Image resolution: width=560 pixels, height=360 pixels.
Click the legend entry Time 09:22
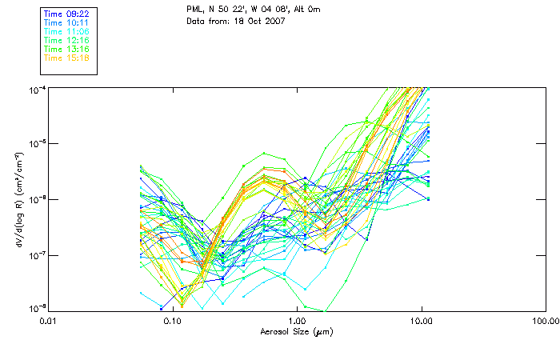click(x=66, y=14)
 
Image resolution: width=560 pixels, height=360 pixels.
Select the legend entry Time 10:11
click(x=66, y=22)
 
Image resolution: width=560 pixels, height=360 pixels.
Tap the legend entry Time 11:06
click(x=66, y=31)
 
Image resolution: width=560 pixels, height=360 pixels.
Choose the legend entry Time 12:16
click(x=66, y=40)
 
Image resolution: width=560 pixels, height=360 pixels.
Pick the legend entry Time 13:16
click(x=66, y=49)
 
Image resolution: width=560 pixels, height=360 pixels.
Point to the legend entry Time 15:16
click(x=66, y=58)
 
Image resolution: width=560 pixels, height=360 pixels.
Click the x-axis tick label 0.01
click(x=49, y=322)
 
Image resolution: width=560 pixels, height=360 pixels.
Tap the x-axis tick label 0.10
click(x=173, y=322)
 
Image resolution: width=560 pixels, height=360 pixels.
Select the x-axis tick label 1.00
click(x=297, y=322)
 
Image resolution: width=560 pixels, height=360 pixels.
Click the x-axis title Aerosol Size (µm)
click(x=296, y=331)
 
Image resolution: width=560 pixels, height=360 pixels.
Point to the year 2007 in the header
click(x=274, y=21)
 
